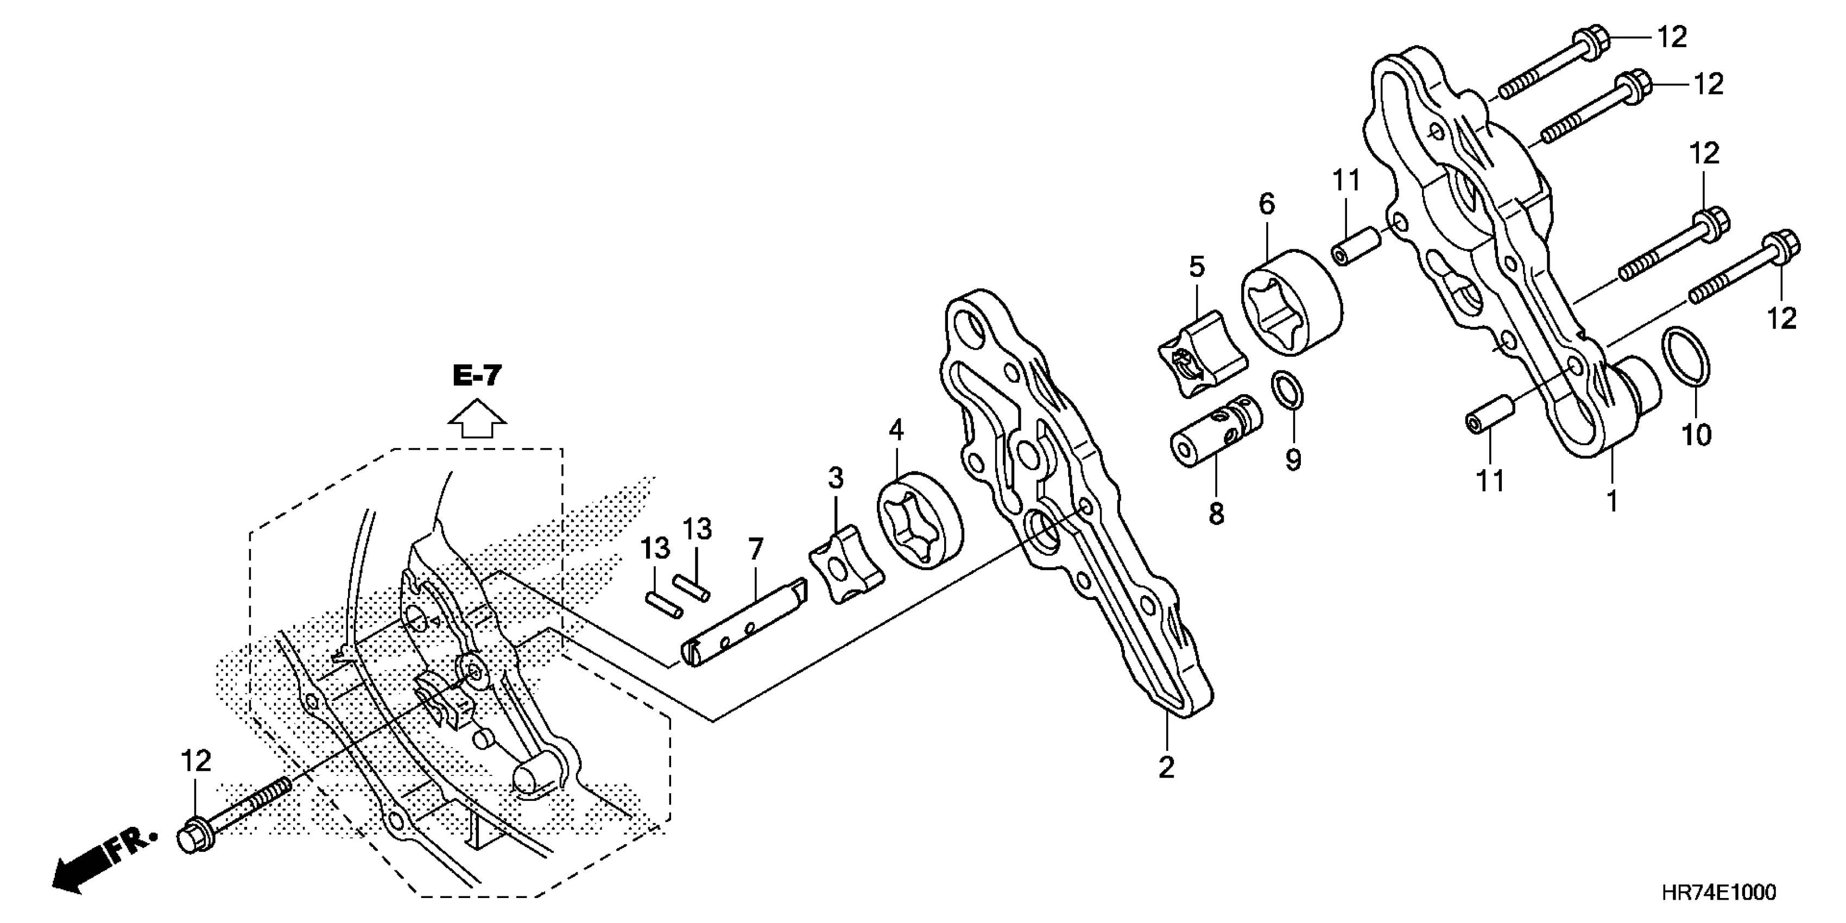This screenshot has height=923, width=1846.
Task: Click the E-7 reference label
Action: [477, 376]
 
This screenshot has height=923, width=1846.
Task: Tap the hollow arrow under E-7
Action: [477, 419]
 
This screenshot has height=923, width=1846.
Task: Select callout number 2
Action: [1167, 768]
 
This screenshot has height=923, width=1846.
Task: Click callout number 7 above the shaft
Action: [755, 549]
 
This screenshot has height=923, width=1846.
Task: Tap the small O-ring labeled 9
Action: [1287, 390]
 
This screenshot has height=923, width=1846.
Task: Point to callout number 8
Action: [1216, 514]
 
